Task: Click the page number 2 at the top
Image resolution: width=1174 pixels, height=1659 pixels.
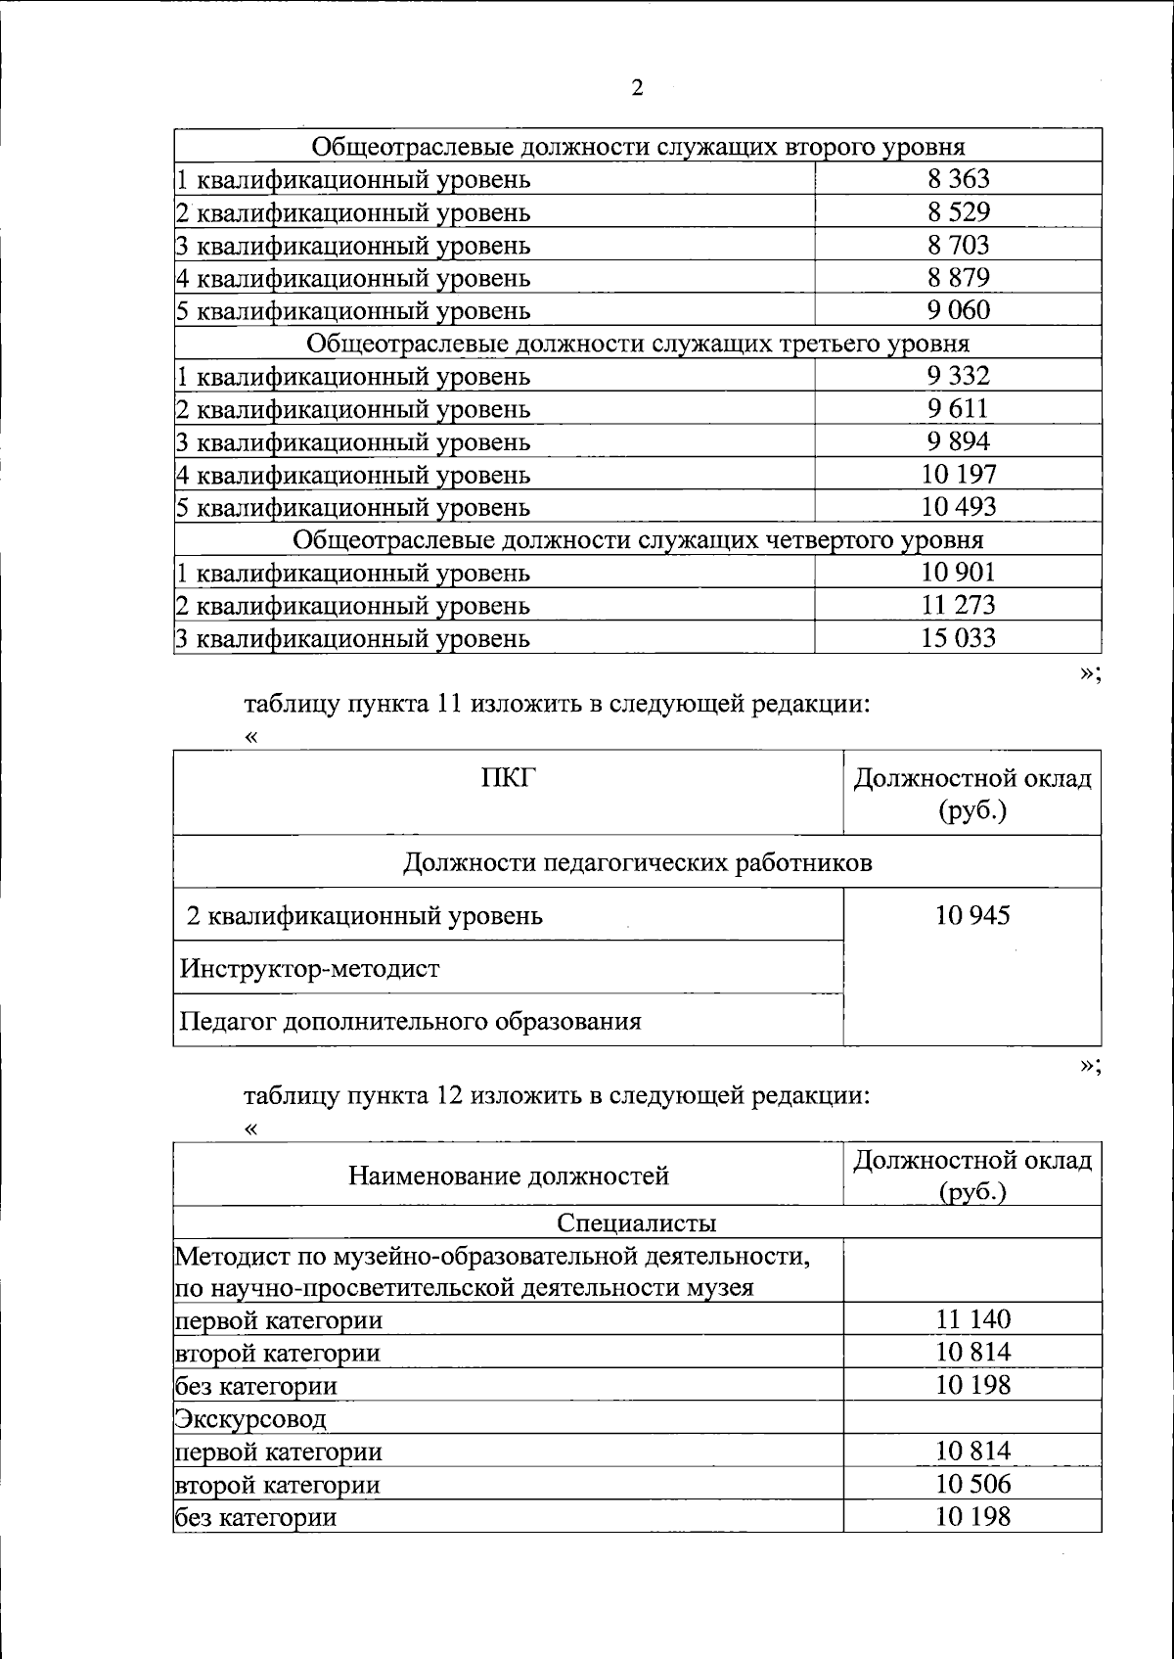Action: pos(637,89)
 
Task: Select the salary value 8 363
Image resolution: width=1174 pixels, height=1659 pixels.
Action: pos(959,179)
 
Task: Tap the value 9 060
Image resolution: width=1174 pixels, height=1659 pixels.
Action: pos(959,310)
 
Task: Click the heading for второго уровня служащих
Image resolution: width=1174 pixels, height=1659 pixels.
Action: pos(638,147)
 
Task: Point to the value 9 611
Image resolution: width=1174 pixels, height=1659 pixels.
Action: pos(959,408)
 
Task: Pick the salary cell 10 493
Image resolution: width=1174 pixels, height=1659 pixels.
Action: pos(959,507)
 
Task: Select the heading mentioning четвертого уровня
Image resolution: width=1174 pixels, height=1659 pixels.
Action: pos(638,540)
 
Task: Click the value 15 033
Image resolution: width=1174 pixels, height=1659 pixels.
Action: pos(959,638)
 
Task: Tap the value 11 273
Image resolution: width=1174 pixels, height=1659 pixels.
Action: pos(959,605)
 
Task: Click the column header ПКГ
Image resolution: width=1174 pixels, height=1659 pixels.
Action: pos(509,778)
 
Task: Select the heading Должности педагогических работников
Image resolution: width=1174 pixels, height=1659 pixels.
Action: pos(638,863)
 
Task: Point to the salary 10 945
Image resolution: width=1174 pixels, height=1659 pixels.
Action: pos(972,916)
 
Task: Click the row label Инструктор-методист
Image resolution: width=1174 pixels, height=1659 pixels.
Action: pos(310,969)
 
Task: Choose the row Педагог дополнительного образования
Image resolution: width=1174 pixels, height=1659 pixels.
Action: pos(410,1022)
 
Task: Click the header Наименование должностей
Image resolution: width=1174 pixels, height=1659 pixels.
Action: pos(509,1175)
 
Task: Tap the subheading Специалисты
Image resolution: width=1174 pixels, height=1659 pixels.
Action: pos(637,1222)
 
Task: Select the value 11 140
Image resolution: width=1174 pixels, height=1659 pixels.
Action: pos(972,1319)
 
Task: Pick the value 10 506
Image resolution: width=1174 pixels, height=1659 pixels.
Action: pos(972,1484)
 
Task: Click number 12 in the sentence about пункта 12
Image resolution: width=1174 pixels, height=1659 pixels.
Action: pos(447,1096)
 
